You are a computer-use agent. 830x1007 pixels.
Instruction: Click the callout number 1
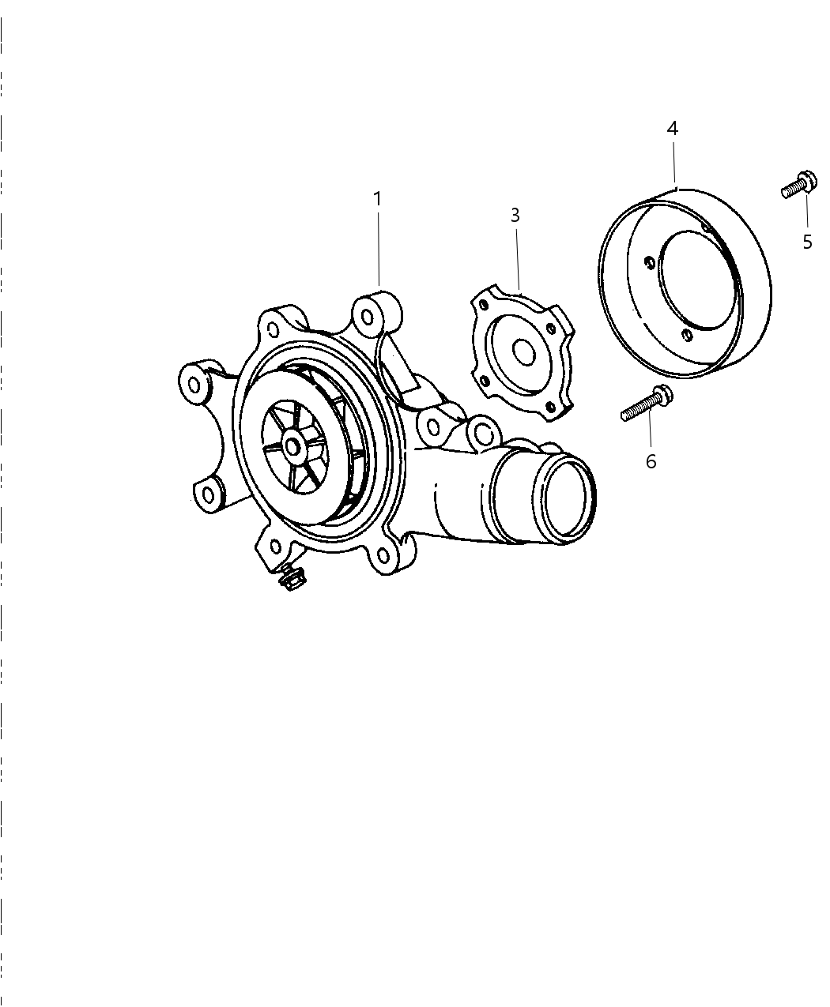(378, 199)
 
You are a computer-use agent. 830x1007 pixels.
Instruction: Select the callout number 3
(515, 216)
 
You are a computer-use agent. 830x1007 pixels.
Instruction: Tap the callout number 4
(673, 128)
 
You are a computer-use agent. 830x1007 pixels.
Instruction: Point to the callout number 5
(807, 242)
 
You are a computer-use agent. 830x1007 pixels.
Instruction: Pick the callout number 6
(651, 461)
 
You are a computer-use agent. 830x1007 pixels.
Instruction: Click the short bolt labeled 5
(799, 185)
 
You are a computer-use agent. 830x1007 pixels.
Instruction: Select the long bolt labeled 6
(647, 403)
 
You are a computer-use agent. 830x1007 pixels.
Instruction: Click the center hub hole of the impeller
(292, 447)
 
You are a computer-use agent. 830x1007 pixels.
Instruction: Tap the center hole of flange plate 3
(524, 352)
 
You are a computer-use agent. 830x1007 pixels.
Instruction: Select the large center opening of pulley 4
(698, 280)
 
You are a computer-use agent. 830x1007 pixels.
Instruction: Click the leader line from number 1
(379, 249)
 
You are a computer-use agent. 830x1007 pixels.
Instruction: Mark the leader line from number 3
(518, 259)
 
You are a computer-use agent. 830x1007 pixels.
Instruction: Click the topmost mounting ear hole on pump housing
(368, 317)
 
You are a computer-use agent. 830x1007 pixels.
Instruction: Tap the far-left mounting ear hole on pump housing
(194, 385)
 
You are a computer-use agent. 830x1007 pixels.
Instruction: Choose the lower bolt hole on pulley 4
(685, 335)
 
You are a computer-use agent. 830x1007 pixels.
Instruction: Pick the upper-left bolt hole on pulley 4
(650, 262)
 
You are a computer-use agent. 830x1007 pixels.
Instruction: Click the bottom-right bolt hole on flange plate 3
(549, 406)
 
